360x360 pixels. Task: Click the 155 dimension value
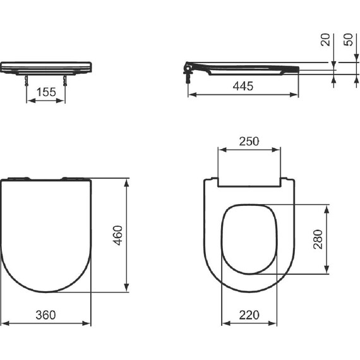(x=45, y=92)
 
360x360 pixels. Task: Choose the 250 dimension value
(x=249, y=141)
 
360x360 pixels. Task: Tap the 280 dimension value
(x=318, y=239)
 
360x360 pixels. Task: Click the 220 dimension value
(x=251, y=314)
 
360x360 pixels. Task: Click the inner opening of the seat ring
(x=251, y=239)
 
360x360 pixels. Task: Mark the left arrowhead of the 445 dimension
(x=191, y=95)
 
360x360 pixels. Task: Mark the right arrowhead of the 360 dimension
(x=88, y=323)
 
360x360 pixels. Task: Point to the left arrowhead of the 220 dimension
(x=224, y=323)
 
